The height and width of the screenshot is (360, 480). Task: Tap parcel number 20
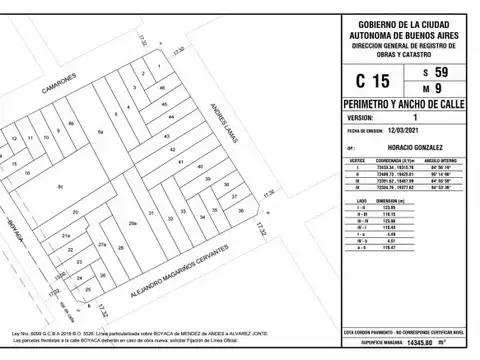[x=76, y=212]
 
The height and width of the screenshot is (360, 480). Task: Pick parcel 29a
[x=132, y=224]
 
